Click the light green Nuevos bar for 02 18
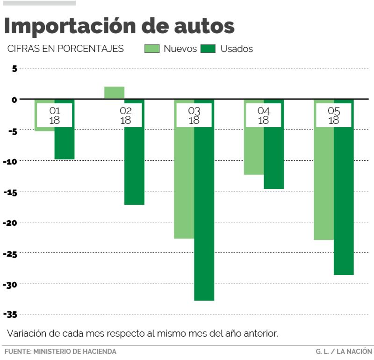(114, 93)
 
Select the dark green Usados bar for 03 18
(204, 210)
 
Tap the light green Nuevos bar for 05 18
(324, 187)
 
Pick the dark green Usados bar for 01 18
(65, 143)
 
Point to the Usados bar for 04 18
(274, 159)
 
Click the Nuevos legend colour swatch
(152, 49)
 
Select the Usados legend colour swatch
(208, 49)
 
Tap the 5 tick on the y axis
(14, 69)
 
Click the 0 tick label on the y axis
(14, 100)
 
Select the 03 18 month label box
(194, 115)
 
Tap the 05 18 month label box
(334, 115)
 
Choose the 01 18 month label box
(55, 115)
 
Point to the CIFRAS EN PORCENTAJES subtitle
(65, 49)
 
